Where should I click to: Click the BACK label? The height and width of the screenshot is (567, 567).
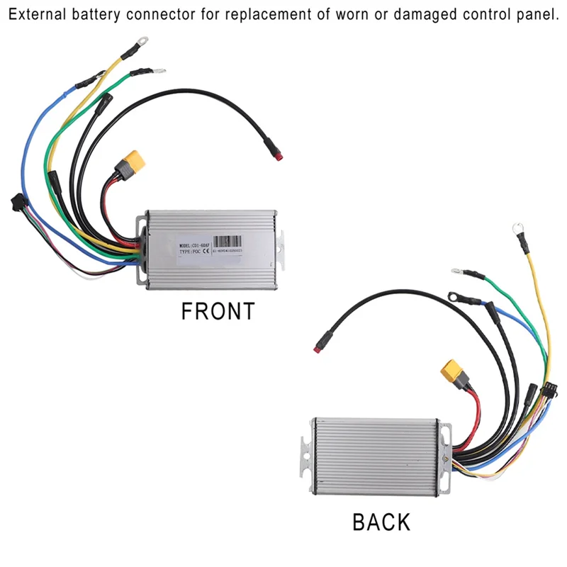coord(381,522)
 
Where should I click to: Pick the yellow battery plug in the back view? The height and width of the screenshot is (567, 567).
coord(451,370)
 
